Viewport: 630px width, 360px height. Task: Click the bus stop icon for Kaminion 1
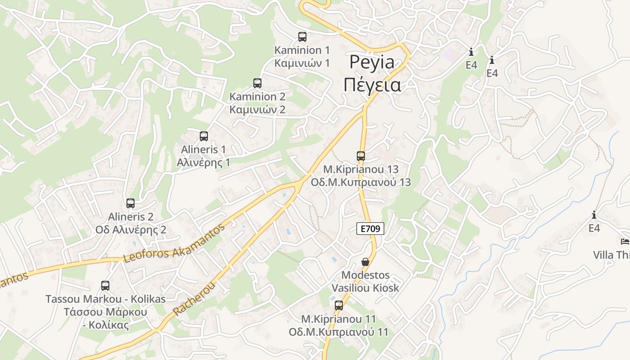point(302,37)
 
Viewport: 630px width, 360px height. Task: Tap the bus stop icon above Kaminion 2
point(257,83)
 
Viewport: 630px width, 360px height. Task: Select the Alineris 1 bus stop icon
point(204,136)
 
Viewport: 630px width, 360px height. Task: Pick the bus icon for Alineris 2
point(130,203)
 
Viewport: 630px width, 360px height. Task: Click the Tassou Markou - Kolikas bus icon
point(105,286)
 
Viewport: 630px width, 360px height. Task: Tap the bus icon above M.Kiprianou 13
point(361,156)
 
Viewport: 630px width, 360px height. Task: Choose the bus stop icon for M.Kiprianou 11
point(339,306)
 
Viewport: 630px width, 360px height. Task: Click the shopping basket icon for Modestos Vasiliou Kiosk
point(365,262)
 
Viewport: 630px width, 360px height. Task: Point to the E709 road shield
point(370,229)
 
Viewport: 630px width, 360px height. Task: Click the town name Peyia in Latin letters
point(372,62)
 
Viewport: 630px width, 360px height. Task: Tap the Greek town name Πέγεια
point(372,85)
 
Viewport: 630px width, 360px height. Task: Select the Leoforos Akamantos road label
point(174,245)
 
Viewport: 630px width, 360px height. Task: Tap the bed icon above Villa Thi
point(625,242)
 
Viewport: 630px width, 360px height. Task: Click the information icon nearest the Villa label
point(594,215)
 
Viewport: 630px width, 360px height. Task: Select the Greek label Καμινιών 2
point(257,110)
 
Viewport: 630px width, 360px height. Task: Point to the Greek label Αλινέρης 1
point(203,162)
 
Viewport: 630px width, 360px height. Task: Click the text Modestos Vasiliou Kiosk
point(365,281)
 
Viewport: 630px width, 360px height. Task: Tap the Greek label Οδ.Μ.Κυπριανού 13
point(361,182)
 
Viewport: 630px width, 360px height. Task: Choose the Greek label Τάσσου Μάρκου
point(105,312)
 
